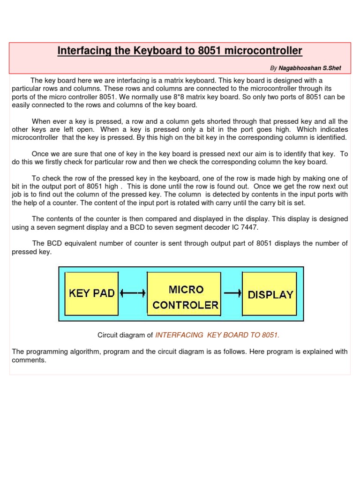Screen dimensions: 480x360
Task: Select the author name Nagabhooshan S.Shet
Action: pyautogui.click(x=310, y=68)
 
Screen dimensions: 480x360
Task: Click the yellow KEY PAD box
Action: pyautogui.click(x=92, y=293)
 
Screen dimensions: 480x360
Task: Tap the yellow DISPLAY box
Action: pyautogui.click(x=270, y=295)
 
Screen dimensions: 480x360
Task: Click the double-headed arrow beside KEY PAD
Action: pyautogui.click(x=133, y=293)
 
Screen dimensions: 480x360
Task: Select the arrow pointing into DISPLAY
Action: pyautogui.click(x=232, y=293)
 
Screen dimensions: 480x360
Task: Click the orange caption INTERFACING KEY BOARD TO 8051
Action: pyautogui.click(x=217, y=335)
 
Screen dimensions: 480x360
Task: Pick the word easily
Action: pyautogui.click(x=22, y=105)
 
